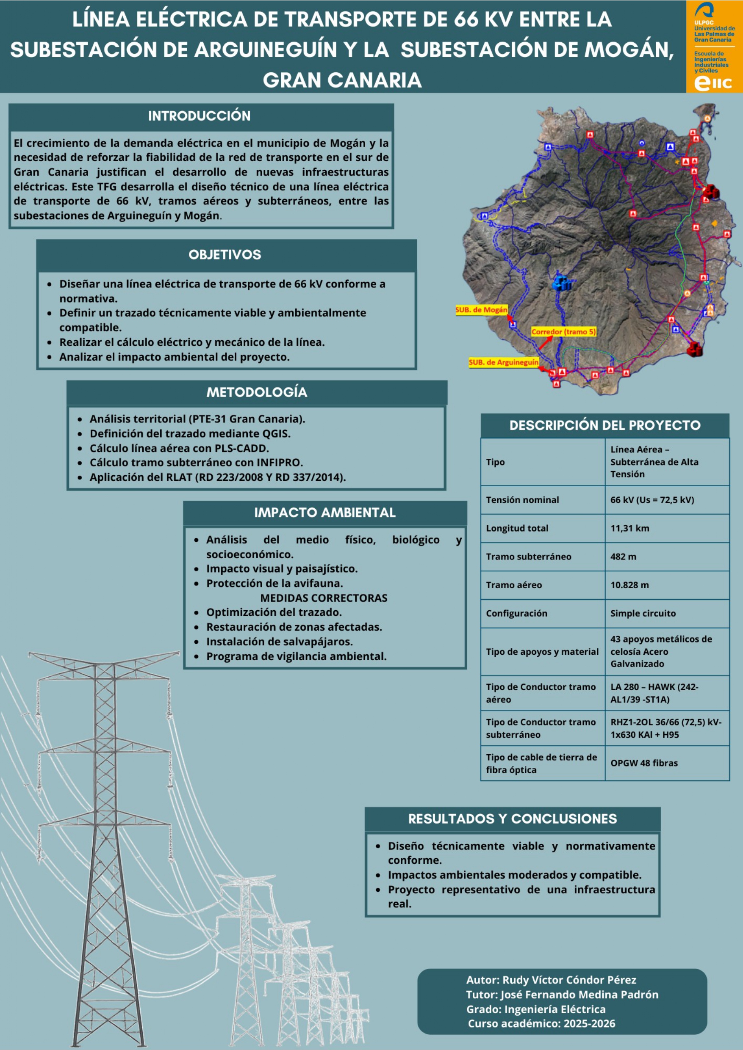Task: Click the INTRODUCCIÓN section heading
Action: pyautogui.click(x=199, y=116)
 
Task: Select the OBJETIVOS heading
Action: pyautogui.click(x=225, y=255)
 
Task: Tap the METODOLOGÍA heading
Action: pyautogui.click(x=256, y=392)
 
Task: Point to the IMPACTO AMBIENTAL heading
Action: pyautogui.click(x=324, y=513)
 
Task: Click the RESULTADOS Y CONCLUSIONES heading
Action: pyautogui.click(x=512, y=819)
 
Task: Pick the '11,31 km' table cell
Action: pyautogui.click(x=629, y=528)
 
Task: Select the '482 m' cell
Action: pyautogui.click(x=623, y=557)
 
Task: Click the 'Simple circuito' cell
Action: pyautogui.click(x=643, y=613)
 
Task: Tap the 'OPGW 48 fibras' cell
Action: pyautogui.click(x=643, y=763)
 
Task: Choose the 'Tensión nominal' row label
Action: pyautogui.click(x=522, y=500)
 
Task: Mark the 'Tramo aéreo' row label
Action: pyautogui.click(x=514, y=585)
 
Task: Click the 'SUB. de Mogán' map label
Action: pyautogui.click(x=481, y=310)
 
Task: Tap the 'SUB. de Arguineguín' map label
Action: pyautogui.click(x=504, y=362)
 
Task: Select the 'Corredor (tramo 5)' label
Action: pyautogui.click(x=563, y=331)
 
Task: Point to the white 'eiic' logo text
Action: pyautogui.click(x=713, y=83)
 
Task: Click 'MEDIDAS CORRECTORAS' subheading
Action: pyautogui.click(x=324, y=598)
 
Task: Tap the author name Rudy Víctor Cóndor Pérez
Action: pyautogui.click(x=569, y=980)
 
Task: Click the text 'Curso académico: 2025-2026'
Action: pyautogui.click(x=541, y=1023)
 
